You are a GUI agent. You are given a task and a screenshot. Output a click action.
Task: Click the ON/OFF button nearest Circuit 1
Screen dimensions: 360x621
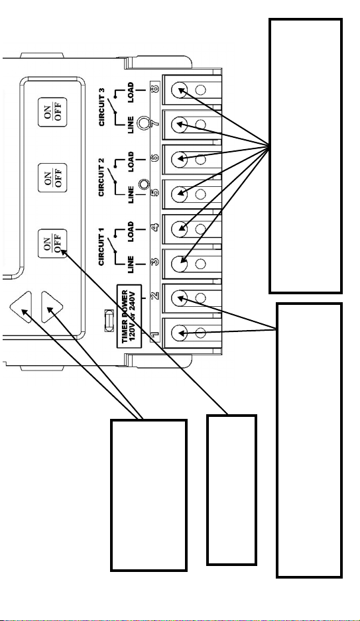[52, 244]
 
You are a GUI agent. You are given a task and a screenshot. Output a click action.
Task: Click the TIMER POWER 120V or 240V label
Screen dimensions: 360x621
[129, 316]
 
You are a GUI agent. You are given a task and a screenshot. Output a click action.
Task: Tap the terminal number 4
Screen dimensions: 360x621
[155, 227]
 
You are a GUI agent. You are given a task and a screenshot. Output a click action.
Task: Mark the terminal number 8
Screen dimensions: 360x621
[155, 88]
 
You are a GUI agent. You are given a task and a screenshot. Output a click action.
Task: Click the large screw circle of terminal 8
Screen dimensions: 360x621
[180, 89]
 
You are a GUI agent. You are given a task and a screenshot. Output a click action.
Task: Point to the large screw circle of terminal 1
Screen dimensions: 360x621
[180, 333]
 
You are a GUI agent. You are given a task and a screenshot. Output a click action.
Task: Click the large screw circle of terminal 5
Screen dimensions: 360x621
[180, 194]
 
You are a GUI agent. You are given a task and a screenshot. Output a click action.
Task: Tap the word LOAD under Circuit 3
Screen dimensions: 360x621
[131, 92]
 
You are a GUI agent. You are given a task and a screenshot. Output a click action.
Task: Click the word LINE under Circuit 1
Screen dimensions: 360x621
[131, 264]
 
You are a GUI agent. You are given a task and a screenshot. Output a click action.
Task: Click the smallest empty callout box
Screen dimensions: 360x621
[231, 490]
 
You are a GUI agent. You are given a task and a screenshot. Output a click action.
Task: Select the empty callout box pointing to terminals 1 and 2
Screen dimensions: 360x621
[309, 440]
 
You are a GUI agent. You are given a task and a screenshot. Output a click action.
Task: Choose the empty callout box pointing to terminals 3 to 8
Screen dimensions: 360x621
[306, 156]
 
